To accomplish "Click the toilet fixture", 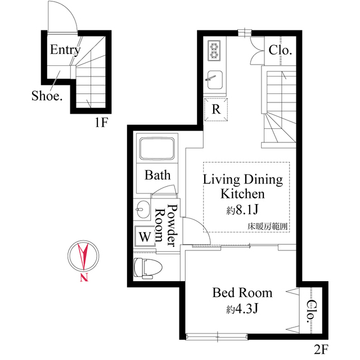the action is tap(148, 268).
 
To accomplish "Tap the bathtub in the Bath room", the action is tap(157, 148).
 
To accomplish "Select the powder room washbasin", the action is tap(142, 209).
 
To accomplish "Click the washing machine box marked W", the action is tap(145, 236).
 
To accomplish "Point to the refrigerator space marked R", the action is tap(216, 109).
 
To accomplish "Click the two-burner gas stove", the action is tap(214, 51).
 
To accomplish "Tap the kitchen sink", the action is tap(215, 79).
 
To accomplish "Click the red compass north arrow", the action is tap(83, 255).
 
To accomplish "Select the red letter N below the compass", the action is tap(84, 277).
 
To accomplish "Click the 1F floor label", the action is tap(101, 123).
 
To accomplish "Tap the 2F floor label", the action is tap(321, 349).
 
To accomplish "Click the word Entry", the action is tap(65, 49).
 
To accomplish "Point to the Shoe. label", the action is tap(47, 96).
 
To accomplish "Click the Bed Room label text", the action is tap(242, 292).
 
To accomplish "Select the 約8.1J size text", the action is tap(242, 210).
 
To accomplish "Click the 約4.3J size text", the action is tap(242, 309).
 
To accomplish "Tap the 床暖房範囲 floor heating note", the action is tap(267, 227).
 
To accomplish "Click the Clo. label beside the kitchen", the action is tap(280, 50).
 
